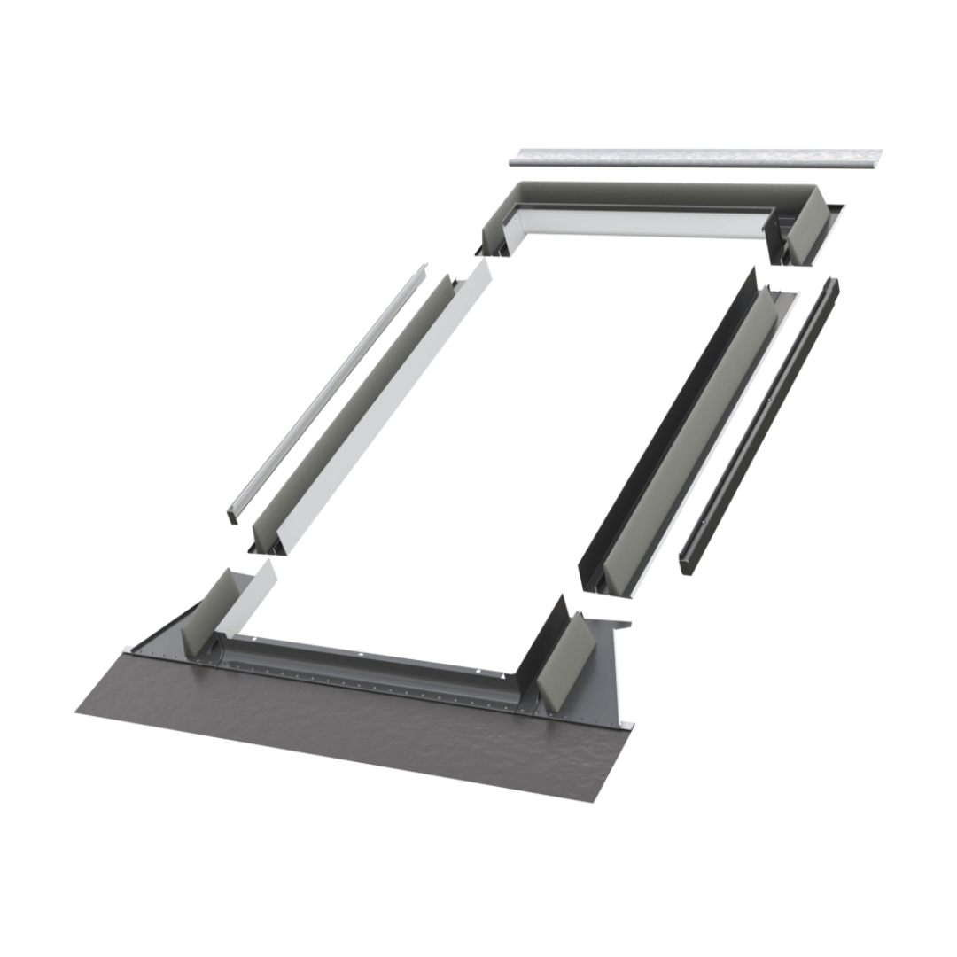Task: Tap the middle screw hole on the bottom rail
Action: pyautogui.click(x=361, y=655)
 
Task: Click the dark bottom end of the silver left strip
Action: pyautogui.click(x=234, y=514)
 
